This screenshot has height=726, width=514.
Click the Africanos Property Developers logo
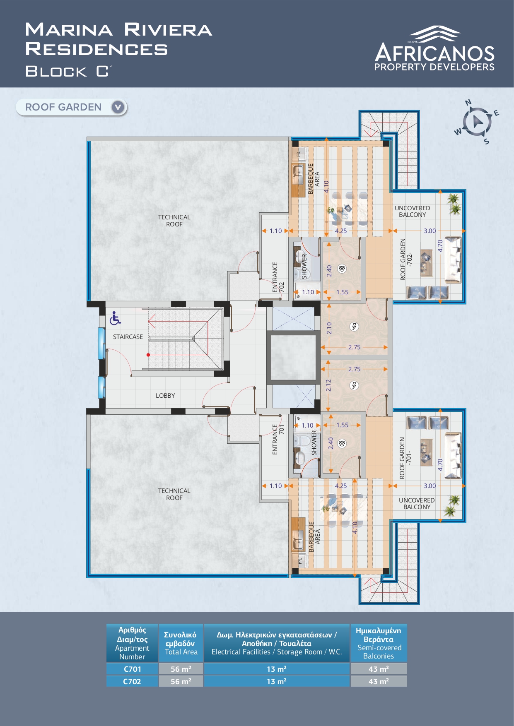434,48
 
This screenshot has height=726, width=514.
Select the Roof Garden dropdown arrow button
118,107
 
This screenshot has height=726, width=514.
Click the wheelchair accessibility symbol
115,318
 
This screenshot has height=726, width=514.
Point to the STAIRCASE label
128,337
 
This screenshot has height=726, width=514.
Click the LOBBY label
165,396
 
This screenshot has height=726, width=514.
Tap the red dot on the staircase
148,355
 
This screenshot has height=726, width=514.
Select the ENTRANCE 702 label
278,277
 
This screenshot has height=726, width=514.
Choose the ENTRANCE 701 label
278,439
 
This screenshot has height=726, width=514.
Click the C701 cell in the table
133,669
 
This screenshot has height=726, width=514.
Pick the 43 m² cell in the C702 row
379,681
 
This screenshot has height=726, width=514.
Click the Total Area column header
181,643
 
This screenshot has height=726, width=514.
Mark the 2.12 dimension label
328,385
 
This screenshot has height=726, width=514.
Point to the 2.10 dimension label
329,328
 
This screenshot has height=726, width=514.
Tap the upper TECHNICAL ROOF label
174,221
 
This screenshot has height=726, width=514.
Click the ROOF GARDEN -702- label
406,260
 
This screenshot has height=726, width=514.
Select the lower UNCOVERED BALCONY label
417,504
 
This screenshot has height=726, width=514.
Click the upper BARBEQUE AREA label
314,179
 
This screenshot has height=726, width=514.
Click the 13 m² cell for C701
277,669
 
